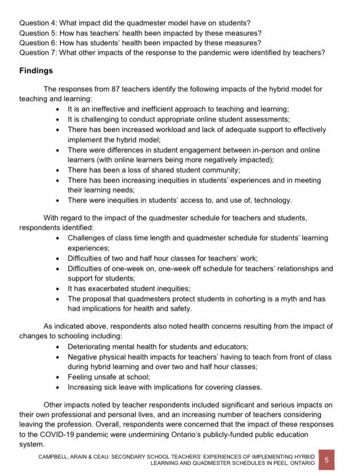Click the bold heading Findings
36,71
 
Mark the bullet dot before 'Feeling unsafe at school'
60,377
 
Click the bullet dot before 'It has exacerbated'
60,288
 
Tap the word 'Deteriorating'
91,347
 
